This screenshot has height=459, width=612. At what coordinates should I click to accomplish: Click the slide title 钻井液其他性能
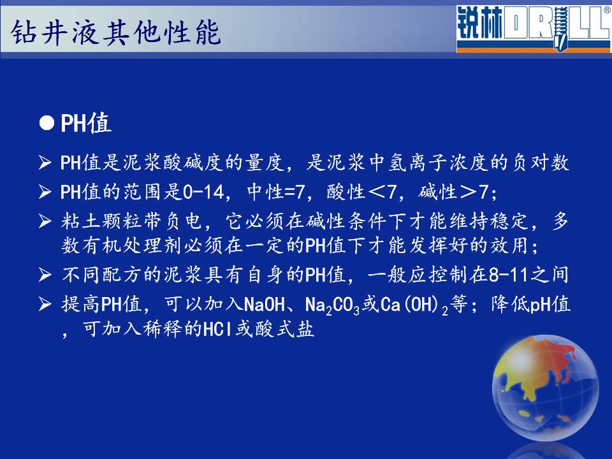tap(116, 33)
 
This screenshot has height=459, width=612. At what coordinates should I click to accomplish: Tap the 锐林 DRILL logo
tap(533, 29)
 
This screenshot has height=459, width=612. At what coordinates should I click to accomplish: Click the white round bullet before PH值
tap(47, 123)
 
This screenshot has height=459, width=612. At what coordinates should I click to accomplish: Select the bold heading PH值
tap(86, 124)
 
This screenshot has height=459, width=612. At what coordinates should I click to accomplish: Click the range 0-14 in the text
tap(203, 192)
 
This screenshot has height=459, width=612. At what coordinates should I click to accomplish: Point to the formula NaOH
tap(264, 305)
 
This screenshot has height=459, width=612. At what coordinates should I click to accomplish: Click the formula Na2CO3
tap(332, 305)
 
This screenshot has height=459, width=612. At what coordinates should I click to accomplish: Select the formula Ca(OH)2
tap(414, 305)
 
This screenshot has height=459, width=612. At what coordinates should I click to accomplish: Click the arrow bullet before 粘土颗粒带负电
tap(45, 221)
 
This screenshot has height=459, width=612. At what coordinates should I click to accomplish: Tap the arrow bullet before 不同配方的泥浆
tap(45, 275)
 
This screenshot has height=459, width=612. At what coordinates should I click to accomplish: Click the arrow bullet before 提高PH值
tap(45, 305)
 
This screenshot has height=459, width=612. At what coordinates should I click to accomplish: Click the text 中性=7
tap(275, 192)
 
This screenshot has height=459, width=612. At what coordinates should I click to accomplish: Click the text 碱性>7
tap(453, 192)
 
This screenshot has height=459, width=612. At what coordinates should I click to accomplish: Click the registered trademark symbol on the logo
tap(608, 10)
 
